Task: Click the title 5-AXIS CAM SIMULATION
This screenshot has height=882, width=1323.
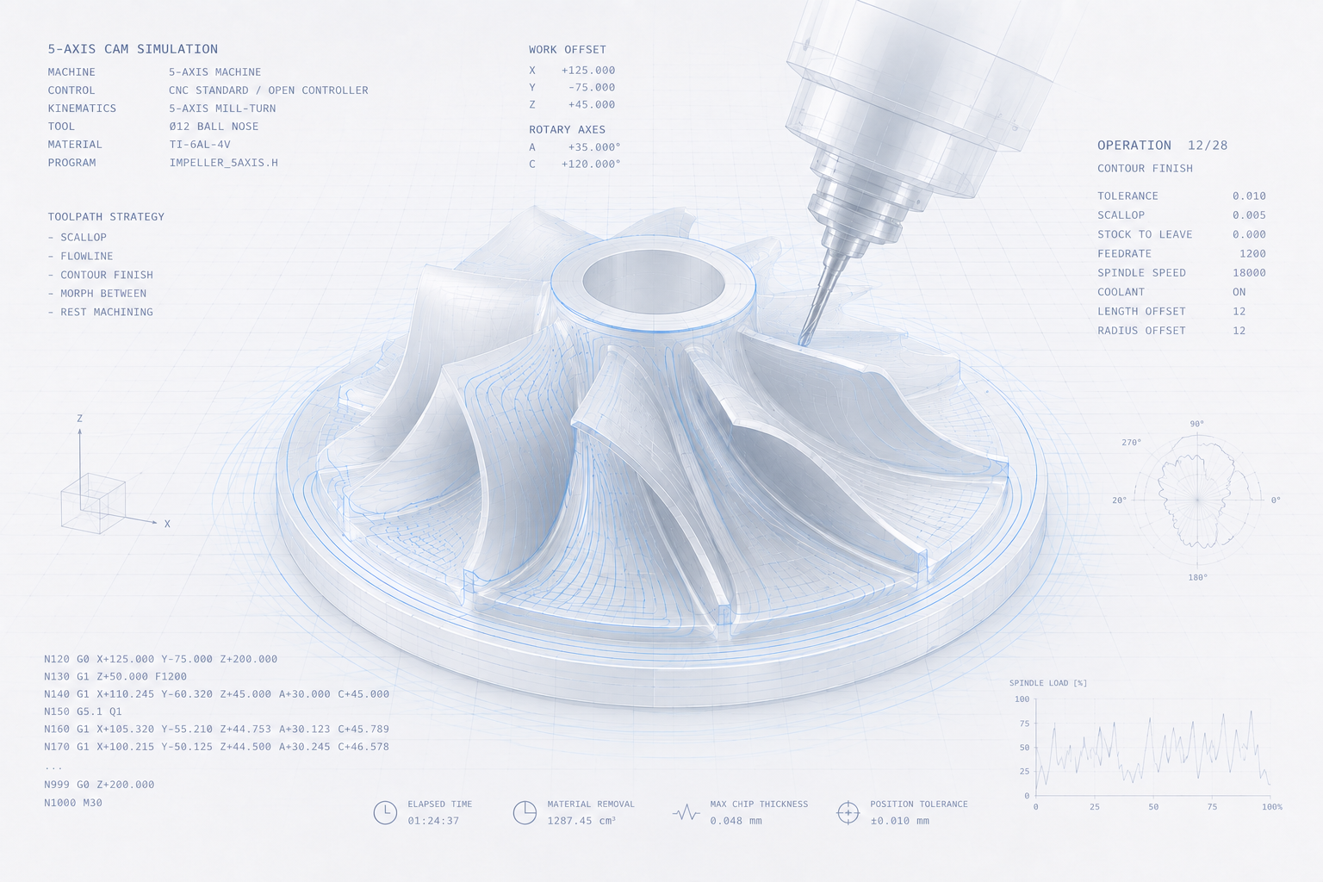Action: tap(133, 49)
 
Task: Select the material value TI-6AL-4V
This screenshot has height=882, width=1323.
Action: tap(200, 144)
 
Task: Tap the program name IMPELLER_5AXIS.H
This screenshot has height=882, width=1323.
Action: tap(223, 163)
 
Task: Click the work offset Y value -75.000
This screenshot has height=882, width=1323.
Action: tap(591, 88)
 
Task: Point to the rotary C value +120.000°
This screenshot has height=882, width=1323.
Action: tap(591, 165)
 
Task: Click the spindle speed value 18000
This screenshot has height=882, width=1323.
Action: tap(1249, 273)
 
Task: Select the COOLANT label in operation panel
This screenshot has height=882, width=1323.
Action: tap(1121, 292)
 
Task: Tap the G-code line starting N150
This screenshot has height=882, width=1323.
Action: tap(83, 711)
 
